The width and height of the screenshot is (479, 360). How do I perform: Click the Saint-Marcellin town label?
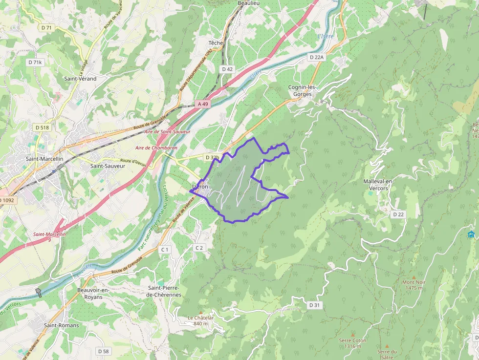44,159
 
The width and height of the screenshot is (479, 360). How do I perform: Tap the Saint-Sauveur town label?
108,166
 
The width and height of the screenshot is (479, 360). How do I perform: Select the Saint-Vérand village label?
80,78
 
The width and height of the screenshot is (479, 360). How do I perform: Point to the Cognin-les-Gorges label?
303,90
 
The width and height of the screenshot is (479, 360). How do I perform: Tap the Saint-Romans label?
61,325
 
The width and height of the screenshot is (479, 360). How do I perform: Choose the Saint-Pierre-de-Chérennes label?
164,291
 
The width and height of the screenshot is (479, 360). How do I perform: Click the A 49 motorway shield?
203,104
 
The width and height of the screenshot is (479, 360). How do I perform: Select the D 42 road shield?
227,69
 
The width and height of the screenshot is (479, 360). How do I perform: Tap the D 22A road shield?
317,57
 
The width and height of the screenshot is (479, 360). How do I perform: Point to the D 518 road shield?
42,127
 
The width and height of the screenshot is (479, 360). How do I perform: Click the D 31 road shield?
314,305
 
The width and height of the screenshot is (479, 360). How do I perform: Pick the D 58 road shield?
103,351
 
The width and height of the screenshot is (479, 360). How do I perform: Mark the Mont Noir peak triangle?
414,277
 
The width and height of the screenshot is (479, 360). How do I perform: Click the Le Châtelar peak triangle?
200,312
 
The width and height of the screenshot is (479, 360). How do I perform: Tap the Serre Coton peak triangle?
352,335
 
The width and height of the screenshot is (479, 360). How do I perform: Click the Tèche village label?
216,43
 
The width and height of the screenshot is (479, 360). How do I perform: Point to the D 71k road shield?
35,63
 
